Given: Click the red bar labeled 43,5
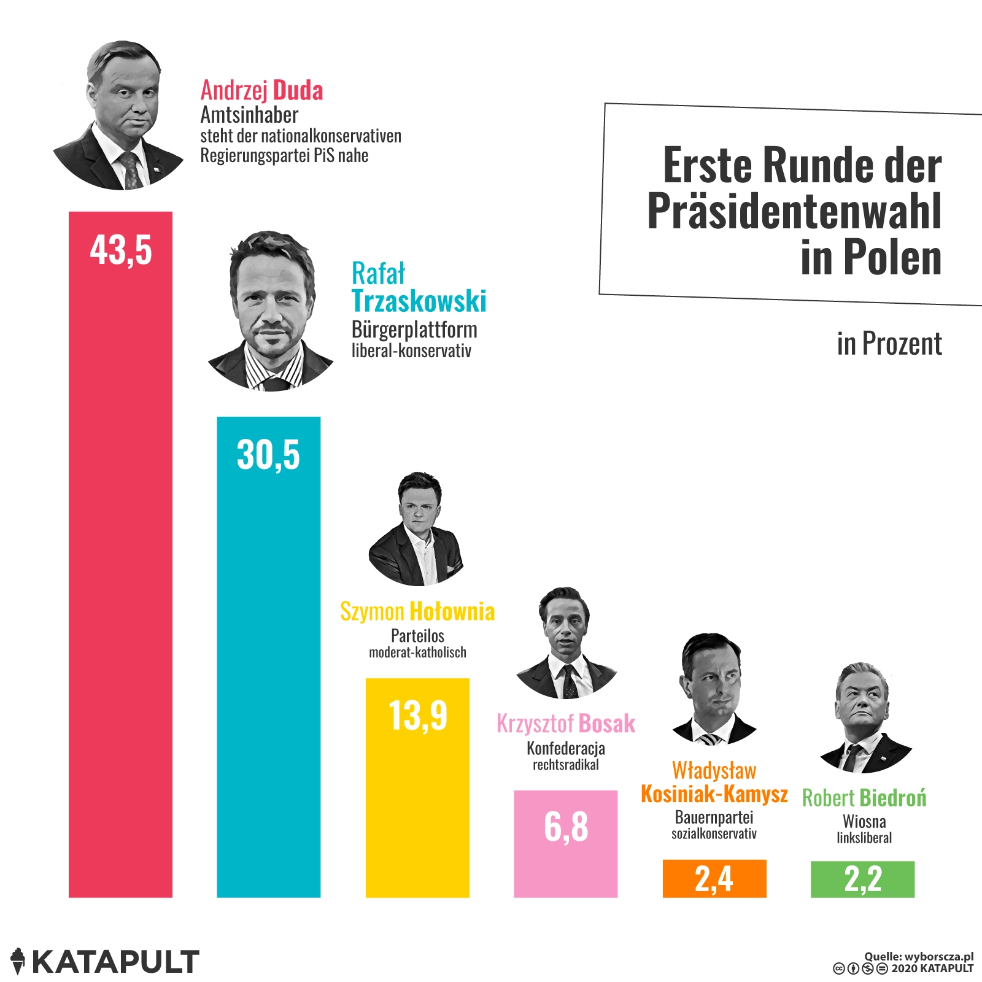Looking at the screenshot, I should tap(120, 552).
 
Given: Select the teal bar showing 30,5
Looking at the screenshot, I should tap(268, 657).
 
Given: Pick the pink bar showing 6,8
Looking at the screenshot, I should tap(565, 844).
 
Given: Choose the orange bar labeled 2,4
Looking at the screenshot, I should tap(714, 878).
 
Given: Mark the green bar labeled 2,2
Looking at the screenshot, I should tap(862, 879).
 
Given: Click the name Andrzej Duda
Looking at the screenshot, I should tap(261, 91).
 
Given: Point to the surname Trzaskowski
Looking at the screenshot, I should tap(419, 301).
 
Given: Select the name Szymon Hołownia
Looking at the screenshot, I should tap(417, 611).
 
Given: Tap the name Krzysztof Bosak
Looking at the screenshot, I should tap(565, 724).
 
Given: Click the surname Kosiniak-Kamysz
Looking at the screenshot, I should tap(714, 794).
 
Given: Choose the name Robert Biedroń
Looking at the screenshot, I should tap(864, 798).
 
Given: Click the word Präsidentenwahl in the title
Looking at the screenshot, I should tap(794, 212).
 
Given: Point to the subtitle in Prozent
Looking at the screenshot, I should tap(889, 344).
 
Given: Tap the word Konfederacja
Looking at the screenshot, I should tap(565, 748).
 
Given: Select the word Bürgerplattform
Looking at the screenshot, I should tap(414, 330).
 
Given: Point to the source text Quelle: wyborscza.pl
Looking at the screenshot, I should tap(918, 956).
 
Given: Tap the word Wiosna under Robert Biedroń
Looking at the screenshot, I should tap(864, 821).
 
